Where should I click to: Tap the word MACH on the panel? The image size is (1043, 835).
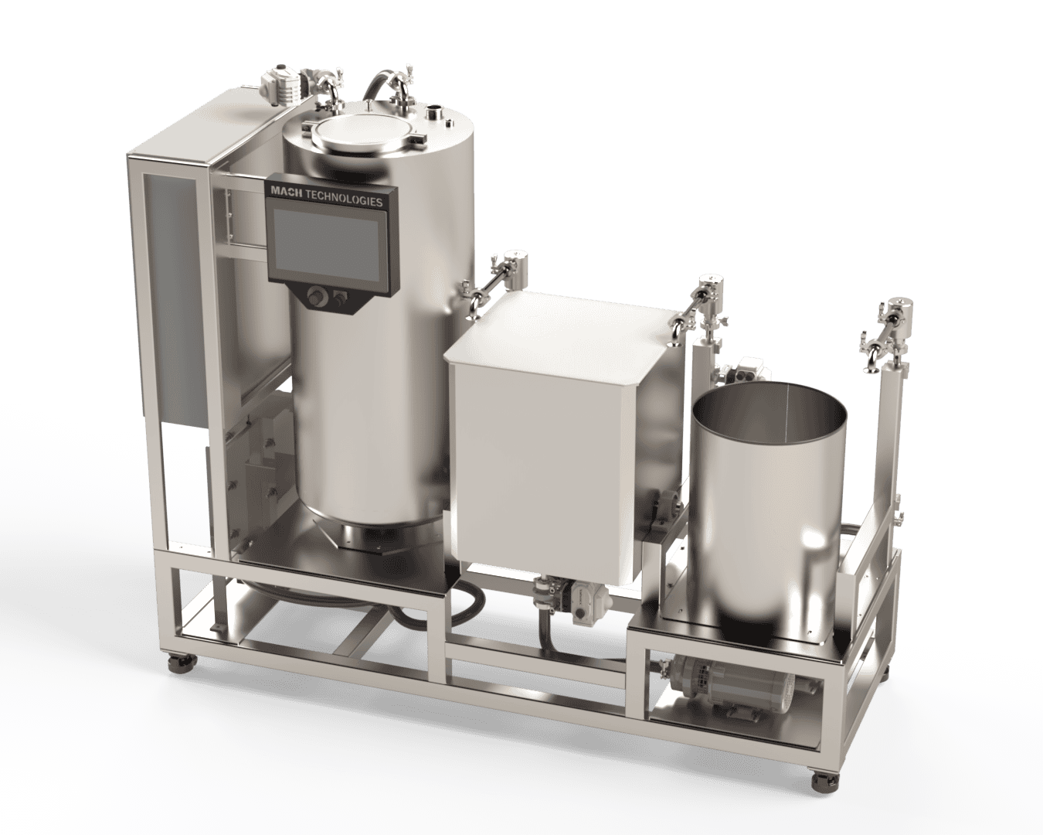[287, 191]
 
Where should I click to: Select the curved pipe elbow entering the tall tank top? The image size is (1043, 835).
[382, 80]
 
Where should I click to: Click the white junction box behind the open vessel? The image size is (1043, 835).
[746, 370]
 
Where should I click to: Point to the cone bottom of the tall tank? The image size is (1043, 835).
[371, 534]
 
